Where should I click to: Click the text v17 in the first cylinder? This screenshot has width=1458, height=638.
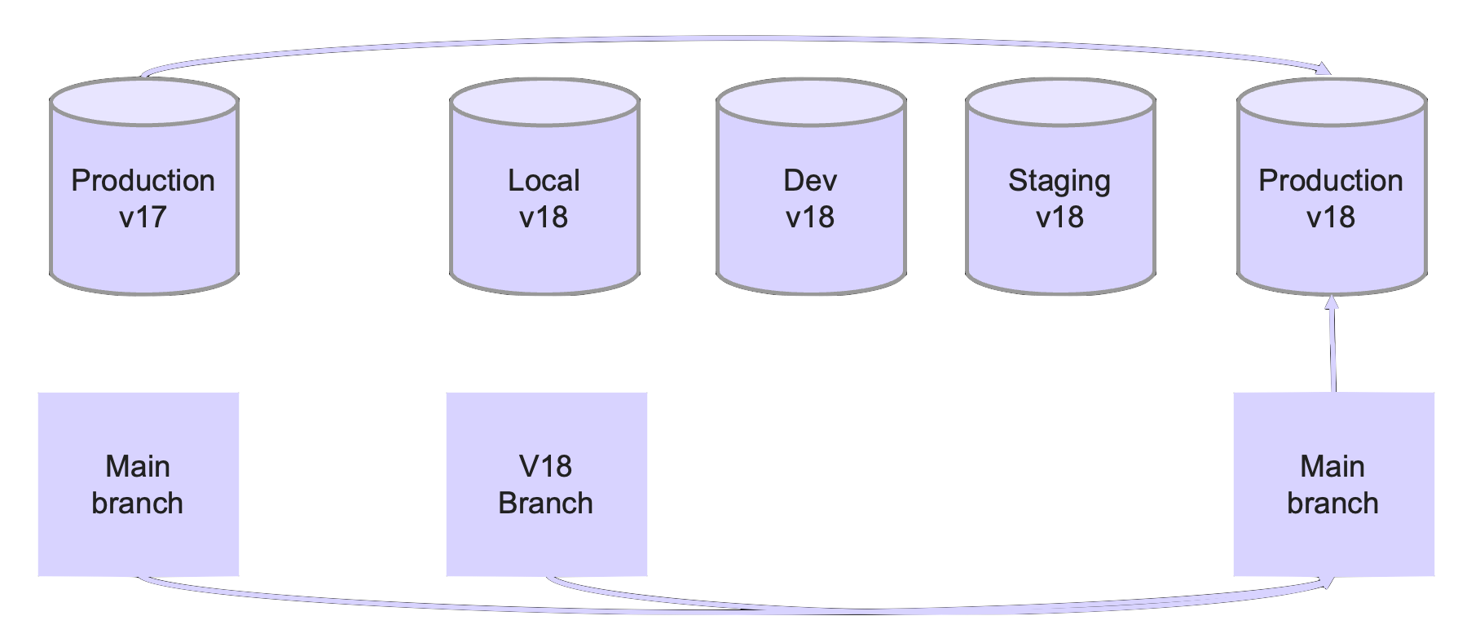[x=143, y=218]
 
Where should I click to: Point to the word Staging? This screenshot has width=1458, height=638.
[x=1059, y=181]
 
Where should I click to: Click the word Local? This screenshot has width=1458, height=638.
[x=544, y=180]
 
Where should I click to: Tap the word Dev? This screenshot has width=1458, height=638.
[x=810, y=180]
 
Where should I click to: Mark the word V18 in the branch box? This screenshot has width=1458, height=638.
[x=545, y=466]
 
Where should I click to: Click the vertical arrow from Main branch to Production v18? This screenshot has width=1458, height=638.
[x=1332, y=350]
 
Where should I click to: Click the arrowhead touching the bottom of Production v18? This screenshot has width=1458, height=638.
[x=1332, y=302]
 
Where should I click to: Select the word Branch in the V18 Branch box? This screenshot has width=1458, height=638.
[x=545, y=504]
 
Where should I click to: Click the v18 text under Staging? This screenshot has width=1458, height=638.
[x=1059, y=218]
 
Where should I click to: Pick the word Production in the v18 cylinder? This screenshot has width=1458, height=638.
[x=1330, y=180]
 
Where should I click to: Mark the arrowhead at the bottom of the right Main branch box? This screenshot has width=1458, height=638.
[x=1328, y=582]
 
